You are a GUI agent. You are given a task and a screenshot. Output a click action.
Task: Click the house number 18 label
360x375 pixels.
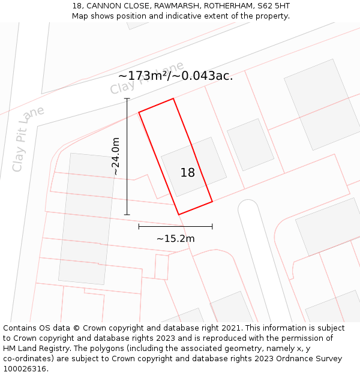tap(188, 173)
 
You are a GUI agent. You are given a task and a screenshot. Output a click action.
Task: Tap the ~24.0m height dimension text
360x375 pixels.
tap(116, 156)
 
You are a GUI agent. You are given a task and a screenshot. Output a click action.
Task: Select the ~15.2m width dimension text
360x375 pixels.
tap(175, 239)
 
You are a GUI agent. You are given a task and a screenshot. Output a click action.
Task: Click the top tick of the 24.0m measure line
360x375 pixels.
tap(127, 98)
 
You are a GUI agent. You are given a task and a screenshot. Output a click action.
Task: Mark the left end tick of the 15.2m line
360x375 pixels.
tap(139, 227)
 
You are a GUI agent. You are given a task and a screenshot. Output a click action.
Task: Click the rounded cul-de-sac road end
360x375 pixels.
tap(247, 208)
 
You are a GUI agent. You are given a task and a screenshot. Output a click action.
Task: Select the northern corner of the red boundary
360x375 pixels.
tap(173, 98)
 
